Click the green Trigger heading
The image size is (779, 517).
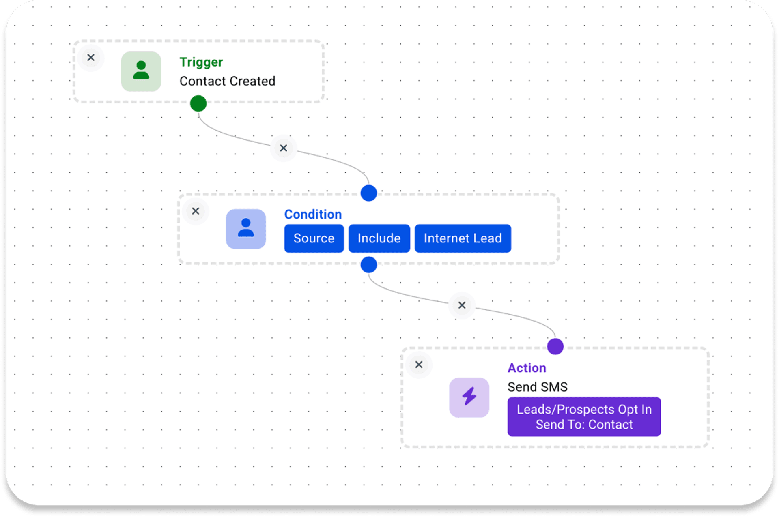[201, 62]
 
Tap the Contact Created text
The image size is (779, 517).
[227, 81]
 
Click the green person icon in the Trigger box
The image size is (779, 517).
[141, 71]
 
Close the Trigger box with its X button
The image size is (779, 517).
[91, 58]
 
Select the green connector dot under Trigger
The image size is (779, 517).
[198, 103]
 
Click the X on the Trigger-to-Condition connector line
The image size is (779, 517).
[284, 148]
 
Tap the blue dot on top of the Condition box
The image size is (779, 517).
[369, 193]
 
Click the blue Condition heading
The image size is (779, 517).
[313, 214]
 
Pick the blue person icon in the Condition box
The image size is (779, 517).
[246, 229]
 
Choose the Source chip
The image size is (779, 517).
[314, 238]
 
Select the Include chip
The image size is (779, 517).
[379, 238]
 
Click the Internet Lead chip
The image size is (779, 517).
[463, 238]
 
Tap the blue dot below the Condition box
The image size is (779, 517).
[369, 265]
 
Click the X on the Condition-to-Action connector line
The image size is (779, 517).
[462, 305]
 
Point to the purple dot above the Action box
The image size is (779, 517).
[555, 346]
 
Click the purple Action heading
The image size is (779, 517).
[527, 368]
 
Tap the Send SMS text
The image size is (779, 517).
[537, 387]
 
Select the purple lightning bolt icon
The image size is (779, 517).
[469, 397]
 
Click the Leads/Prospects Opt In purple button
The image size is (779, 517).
[584, 416]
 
